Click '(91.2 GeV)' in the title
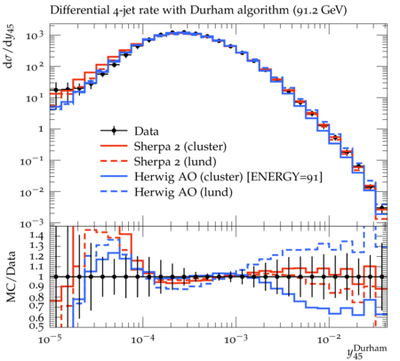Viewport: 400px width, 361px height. [x=319, y=11]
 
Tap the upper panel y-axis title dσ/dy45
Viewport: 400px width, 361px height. [x=10, y=46]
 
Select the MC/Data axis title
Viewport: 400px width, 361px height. [x=11, y=277]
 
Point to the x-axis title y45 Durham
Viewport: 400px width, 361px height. [x=367, y=352]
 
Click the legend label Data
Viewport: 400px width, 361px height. [x=147, y=131]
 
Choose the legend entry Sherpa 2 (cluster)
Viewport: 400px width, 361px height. [x=180, y=147]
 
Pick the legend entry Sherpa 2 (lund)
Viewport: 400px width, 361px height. [x=175, y=162]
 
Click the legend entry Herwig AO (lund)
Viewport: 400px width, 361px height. [x=183, y=192]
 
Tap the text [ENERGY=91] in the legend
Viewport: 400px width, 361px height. [x=284, y=177]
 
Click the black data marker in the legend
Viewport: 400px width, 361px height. [x=114, y=131]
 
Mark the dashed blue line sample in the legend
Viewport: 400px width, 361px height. [x=114, y=192]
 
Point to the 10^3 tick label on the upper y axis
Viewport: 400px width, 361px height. [x=35, y=36]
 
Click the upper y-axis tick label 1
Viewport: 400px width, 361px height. [x=41, y=129]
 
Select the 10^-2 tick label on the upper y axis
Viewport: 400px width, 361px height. [x=32, y=192]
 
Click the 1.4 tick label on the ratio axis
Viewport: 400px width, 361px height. [x=36, y=236]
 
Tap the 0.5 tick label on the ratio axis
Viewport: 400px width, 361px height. [x=36, y=326]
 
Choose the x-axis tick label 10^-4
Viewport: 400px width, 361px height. [x=143, y=339]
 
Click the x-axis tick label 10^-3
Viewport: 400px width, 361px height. [x=236, y=339]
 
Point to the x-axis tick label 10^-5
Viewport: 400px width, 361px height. [x=50, y=339]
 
